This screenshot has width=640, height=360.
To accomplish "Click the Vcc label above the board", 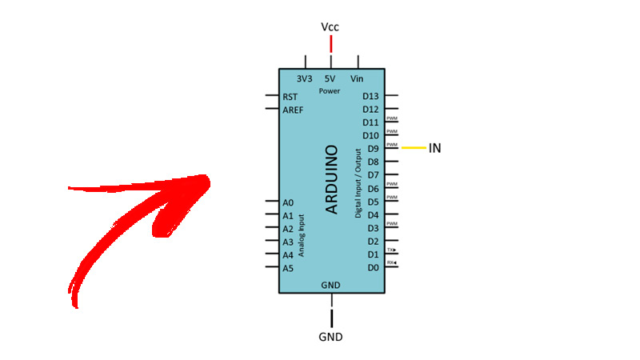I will click(x=330, y=27).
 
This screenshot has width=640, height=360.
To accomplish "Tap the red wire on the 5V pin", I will click(x=331, y=45).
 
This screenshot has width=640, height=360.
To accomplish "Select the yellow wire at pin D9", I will click(x=413, y=148).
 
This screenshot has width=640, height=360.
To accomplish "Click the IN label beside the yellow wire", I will click(x=435, y=148).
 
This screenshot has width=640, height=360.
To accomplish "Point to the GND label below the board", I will click(x=330, y=337).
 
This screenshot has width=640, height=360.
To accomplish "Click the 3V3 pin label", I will click(x=304, y=79).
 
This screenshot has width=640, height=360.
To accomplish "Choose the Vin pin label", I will click(x=357, y=79).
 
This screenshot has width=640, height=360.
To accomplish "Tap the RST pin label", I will click(x=290, y=96).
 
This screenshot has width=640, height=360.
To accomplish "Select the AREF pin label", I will click(x=293, y=109).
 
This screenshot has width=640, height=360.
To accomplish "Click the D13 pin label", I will click(x=370, y=96).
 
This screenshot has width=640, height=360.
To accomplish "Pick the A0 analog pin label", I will click(x=288, y=202).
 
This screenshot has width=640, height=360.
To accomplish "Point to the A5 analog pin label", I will click(x=288, y=268).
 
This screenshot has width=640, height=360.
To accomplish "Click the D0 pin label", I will click(x=373, y=268).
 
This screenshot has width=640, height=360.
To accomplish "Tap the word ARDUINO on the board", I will click(x=333, y=179).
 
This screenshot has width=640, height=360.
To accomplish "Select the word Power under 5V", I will click(x=330, y=91).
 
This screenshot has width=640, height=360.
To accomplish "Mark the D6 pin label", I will click(x=373, y=189).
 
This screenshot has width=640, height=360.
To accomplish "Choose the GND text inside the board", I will click(x=330, y=285).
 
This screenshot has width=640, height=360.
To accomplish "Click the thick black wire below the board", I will click(x=331, y=310).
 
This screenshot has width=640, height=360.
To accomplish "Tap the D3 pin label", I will click(x=373, y=229).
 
